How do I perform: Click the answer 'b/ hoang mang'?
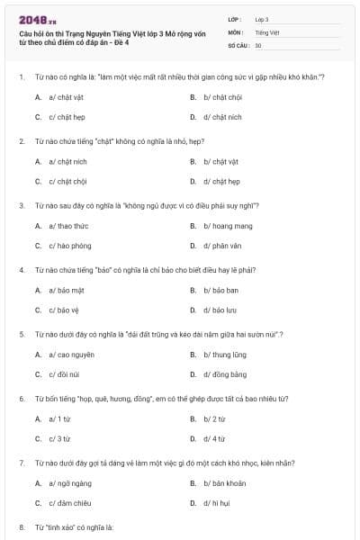(x=226, y=225)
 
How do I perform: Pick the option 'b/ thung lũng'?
(x=225, y=355)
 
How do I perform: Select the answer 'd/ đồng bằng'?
(x=224, y=374)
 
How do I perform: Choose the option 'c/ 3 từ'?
(x=58, y=438)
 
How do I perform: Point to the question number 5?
(x=21, y=334)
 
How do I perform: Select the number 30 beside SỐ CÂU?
(x=258, y=45)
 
